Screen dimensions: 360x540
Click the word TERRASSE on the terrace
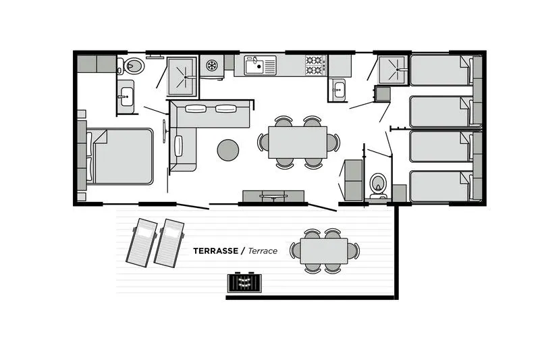coord(215,251)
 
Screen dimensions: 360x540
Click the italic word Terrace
coord(263,251)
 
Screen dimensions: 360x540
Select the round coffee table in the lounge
coord(228,149)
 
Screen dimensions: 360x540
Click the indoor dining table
coord(297,142)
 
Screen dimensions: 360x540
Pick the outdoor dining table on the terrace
coord(325,251)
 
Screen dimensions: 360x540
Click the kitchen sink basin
coord(254,66)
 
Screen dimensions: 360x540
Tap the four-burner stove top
coord(315,65)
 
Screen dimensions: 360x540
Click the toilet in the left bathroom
coord(133,66)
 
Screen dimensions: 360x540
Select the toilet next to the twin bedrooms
coord(378,184)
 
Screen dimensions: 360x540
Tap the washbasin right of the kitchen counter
coord(337,90)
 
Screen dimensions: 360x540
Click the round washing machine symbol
coord(212,66)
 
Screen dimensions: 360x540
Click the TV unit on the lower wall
coord(274,196)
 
